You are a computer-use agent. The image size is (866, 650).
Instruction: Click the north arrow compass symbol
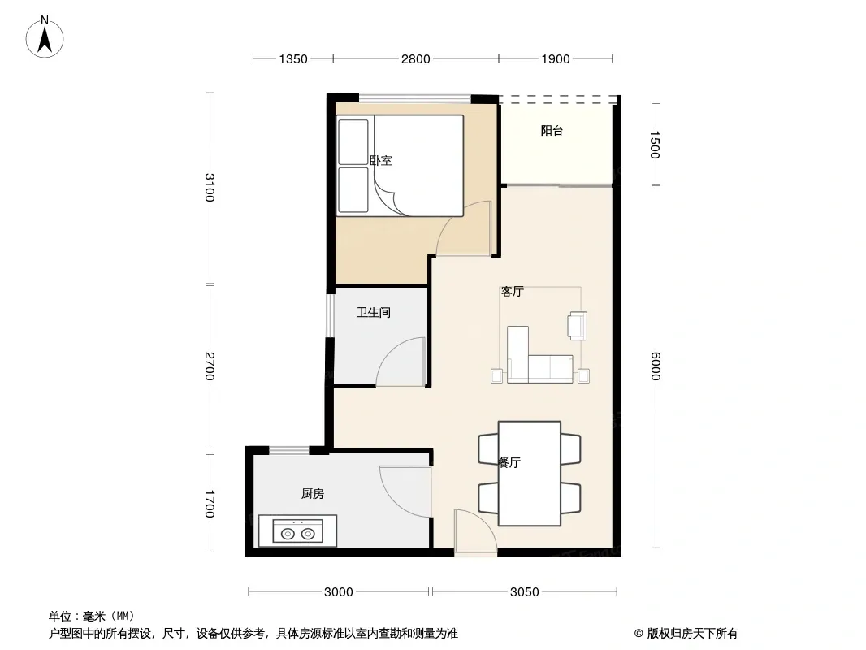click(x=45, y=37)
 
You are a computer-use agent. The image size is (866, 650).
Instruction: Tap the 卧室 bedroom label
click(x=380, y=161)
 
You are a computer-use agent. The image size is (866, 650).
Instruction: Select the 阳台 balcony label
click(x=552, y=131)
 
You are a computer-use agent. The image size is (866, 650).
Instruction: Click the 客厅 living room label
click(x=512, y=291)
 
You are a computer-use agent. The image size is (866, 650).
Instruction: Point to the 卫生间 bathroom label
click(x=374, y=313)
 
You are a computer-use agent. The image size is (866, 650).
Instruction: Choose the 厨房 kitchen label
click(x=313, y=494)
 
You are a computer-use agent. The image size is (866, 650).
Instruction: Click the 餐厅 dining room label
click(x=509, y=463)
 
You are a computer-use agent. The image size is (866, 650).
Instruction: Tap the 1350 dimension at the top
click(x=292, y=59)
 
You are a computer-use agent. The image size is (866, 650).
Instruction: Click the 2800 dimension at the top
click(x=415, y=59)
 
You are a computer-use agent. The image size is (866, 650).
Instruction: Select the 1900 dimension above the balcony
click(x=555, y=59)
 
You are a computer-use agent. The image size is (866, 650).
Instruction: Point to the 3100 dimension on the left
click(x=210, y=187)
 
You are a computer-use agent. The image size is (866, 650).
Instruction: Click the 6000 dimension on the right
click(x=656, y=366)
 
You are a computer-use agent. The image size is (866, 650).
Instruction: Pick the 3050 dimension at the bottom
click(x=524, y=592)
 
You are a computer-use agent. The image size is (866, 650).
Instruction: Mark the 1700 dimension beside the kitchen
click(x=210, y=504)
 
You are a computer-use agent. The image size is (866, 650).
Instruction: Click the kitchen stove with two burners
click(x=297, y=531)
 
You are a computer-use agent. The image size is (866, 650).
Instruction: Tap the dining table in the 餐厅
click(x=529, y=474)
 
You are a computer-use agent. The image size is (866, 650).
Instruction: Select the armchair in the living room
click(x=577, y=325)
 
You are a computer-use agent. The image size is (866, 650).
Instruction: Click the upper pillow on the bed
click(x=353, y=142)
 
